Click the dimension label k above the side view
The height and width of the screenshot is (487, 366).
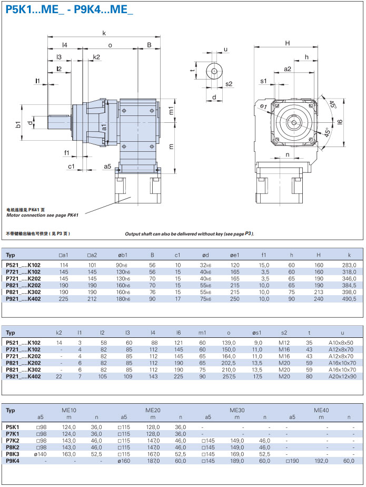pyautogui.click(x=104, y=33)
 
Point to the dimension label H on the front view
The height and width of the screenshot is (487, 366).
pyautogui.click(x=288, y=43)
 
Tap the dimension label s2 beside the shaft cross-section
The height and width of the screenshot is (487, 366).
pyautogui.click(x=229, y=84)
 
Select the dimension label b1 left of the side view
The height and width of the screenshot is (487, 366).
pyautogui.click(x=18, y=124)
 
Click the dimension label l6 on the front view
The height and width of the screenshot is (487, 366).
pyautogui.click(x=340, y=122)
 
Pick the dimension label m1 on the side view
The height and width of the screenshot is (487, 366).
pyautogui.click(x=171, y=110)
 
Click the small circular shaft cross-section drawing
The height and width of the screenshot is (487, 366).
pyautogui.click(x=214, y=71)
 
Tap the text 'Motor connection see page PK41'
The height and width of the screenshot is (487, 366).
pyautogui.click(x=42, y=215)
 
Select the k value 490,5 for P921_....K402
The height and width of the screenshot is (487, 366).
pyautogui.click(x=349, y=298)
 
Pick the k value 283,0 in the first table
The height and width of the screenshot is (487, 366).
pyautogui.click(x=349, y=265)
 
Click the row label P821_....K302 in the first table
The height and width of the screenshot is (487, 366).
pyautogui.click(x=23, y=291)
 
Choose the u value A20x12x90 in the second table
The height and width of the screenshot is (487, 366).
pyautogui.click(x=342, y=376)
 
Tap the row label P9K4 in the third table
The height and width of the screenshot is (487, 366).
pyautogui.click(x=13, y=460)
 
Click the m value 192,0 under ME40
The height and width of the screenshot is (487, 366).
pyautogui.click(x=320, y=460)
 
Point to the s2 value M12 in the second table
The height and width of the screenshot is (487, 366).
pyautogui.click(x=284, y=343)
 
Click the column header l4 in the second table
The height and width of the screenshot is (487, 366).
pyautogui.click(x=153, y=333)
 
